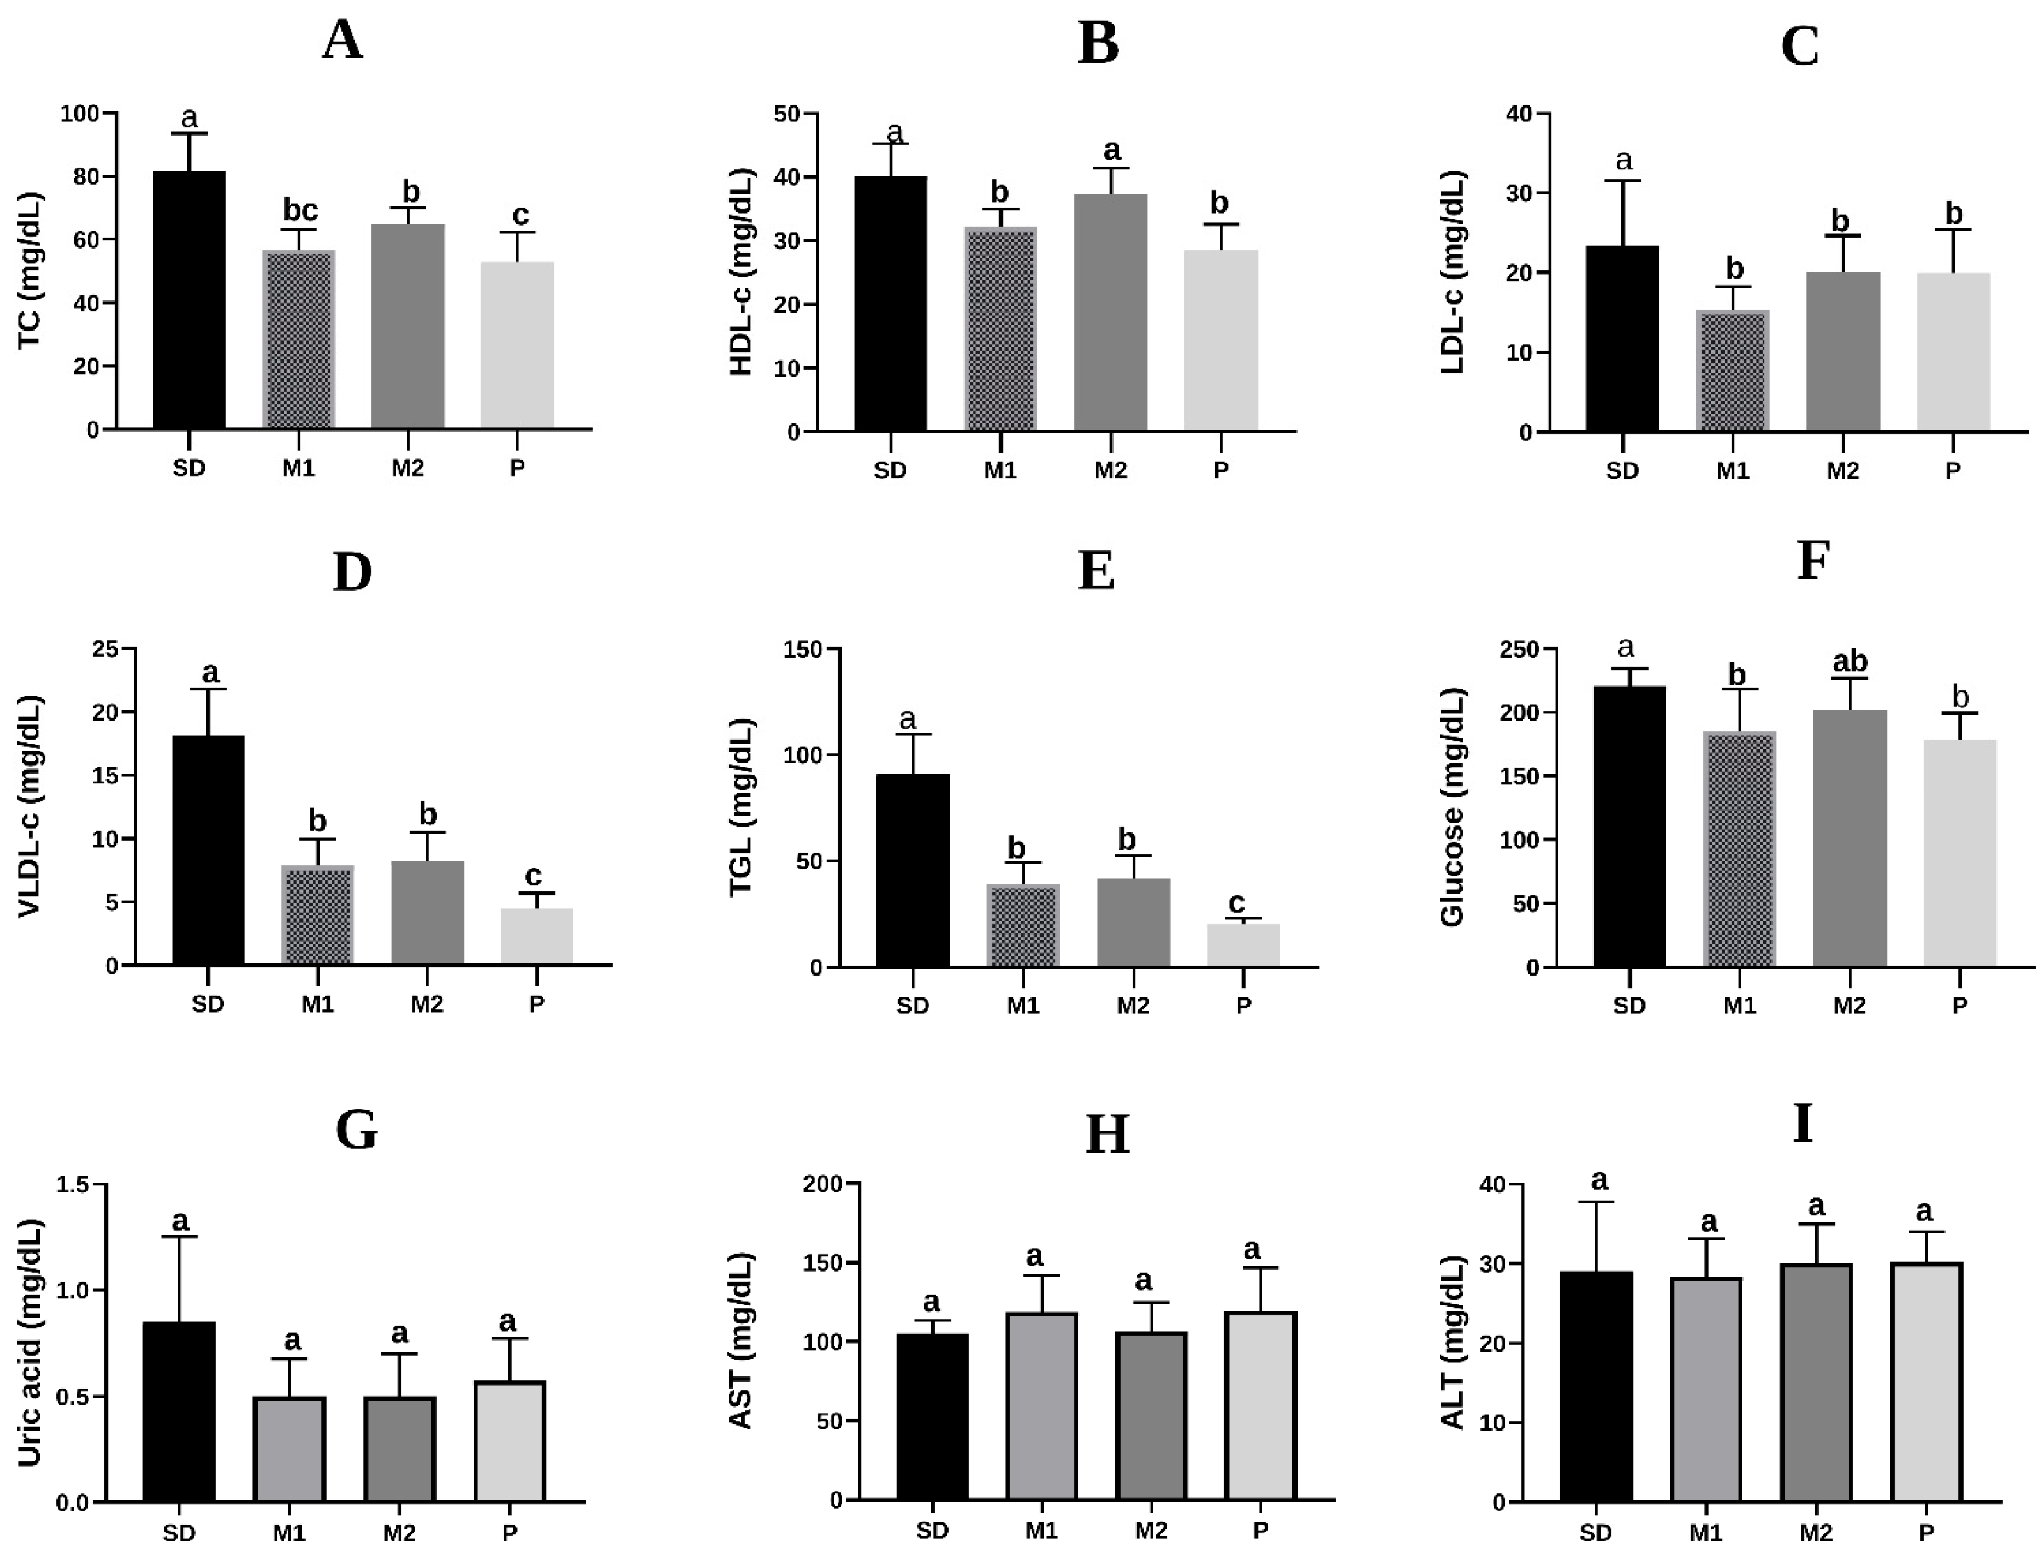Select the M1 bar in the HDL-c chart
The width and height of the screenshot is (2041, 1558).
[1000, 329]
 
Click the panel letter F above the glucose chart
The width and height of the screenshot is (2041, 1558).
[1813, 561]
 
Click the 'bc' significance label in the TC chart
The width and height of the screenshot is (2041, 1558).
[300, 210]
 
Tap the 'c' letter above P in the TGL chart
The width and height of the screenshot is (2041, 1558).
[1236, 903]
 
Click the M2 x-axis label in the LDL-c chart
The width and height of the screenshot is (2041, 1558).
[1843, 471]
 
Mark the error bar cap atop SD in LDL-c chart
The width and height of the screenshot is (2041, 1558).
[1623, 181]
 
